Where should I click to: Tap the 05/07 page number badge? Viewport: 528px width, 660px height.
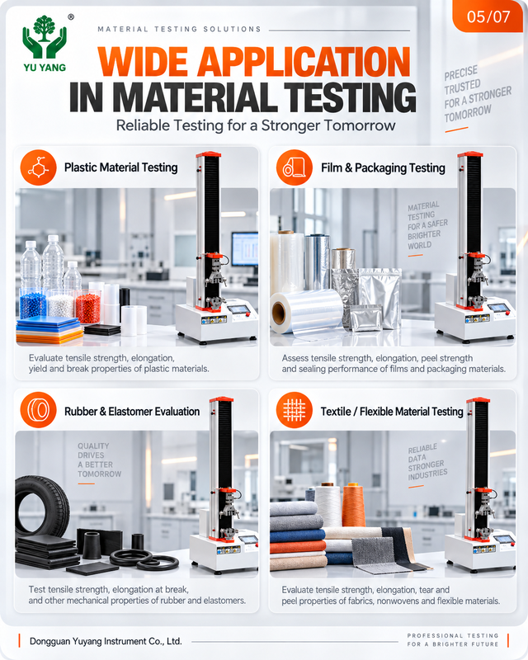(488, 16)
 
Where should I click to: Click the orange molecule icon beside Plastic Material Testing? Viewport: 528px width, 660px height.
(38, 167)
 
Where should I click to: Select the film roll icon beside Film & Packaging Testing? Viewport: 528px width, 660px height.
(295, 167)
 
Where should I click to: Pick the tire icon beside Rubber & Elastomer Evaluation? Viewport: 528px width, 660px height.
(38, 410)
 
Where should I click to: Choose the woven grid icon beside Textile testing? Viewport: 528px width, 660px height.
(295, 410)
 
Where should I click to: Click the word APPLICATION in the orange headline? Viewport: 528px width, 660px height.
(304, 62)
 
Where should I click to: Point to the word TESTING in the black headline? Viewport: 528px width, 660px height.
(351, 97)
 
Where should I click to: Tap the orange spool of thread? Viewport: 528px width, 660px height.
(353, 505)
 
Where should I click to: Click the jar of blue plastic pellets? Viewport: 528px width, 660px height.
(33, 304)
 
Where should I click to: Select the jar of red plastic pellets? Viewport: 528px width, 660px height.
(88, 306)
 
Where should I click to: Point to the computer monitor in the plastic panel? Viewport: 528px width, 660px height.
(245, 249)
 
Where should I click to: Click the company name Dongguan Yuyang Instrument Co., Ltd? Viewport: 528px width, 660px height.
(106, 642)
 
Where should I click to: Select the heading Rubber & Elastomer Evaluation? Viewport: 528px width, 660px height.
(132, 411)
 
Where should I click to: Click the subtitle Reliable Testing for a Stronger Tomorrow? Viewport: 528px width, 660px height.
(256, 125)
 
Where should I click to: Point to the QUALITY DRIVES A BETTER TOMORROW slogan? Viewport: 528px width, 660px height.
(99, 460)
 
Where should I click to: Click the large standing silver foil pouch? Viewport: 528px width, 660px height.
(379, 298)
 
